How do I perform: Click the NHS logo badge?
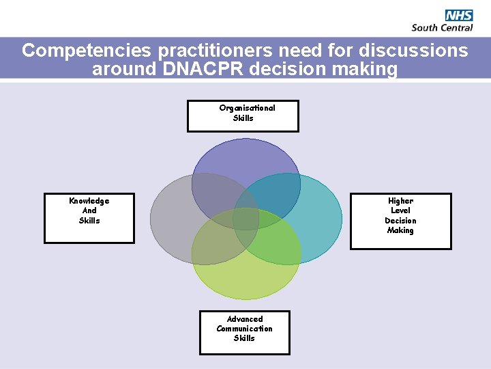[459, 15]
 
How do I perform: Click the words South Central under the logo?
[442, 27]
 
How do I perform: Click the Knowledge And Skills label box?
[89, 218]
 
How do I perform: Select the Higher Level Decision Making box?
[400, 221]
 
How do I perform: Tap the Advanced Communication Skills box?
[244, 333]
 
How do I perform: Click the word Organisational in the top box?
[247, 108]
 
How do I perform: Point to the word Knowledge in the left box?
[89, 201]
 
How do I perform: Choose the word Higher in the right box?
[400, 201]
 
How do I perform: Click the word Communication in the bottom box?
[244, 329]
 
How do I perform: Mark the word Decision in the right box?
[400, 221]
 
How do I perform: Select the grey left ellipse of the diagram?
[170, 219]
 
